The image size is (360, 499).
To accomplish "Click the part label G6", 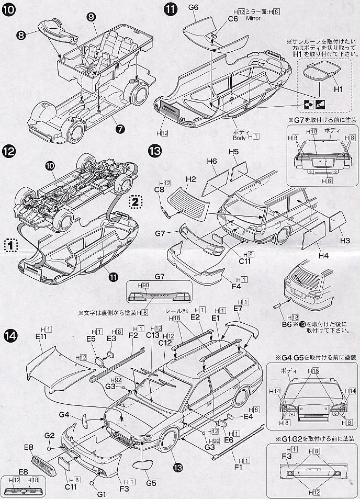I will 193,8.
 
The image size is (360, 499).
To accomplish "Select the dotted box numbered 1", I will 11,244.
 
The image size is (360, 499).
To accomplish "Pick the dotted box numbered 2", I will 134,201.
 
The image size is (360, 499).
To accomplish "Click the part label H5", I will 233,152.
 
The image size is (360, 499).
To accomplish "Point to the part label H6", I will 211,162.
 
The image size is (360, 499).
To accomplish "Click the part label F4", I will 236,287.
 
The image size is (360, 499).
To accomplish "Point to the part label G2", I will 49,435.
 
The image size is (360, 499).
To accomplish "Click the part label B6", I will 286,324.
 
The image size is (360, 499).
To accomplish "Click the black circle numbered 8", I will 21,36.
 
